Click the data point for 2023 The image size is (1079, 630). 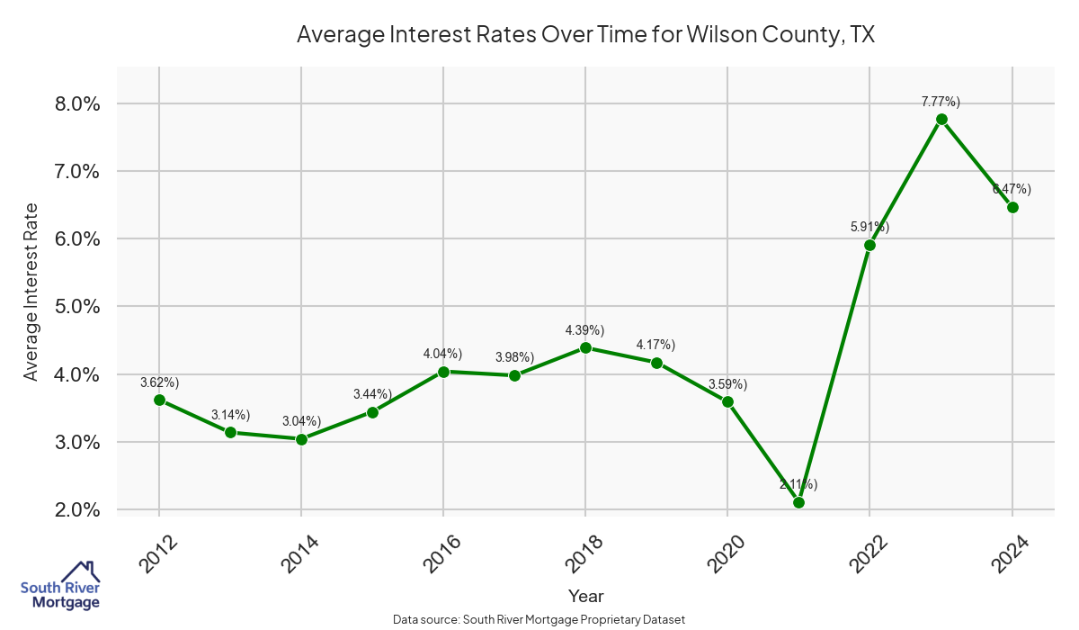click(x=941, y=119)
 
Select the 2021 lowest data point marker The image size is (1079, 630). click(x=798, y=502)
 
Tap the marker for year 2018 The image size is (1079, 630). click(x=585, y=347)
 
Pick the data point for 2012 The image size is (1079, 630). click(x=159, y=400)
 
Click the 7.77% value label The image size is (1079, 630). click(x=941, y=102)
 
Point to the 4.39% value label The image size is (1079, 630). click(x=585, y=330)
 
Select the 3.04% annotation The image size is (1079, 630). click(x=301, y=421)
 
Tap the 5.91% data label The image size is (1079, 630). click(x=869, y=227)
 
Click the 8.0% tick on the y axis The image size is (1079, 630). click(x=73, y=103)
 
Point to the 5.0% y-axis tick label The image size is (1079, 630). click(x=73, y=307)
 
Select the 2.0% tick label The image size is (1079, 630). click(x=73, y=510)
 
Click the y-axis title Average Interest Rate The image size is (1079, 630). click(x=31, y=292)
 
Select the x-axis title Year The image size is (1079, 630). click(x=585, y=596)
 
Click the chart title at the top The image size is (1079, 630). click(x=585, y=35)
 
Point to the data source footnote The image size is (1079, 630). click(x=539, y=620)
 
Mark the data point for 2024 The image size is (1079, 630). click(x=1012, y=207)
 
